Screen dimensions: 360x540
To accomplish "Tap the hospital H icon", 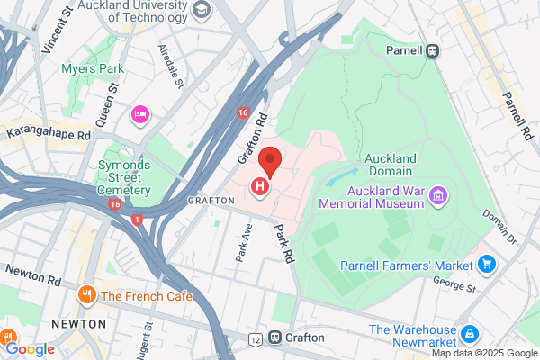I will [x=260, y=187].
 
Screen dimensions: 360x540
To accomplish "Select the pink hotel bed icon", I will [x=139, y=113].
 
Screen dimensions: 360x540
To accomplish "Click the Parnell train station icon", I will [x=433, y=50].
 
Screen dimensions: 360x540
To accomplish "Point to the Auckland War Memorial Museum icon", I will [x=438, y=194].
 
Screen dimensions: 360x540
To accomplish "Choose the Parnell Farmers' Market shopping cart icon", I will [x=487, y=264].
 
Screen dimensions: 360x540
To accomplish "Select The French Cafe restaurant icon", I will [x=87, y=294].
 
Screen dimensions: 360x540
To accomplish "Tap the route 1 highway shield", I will [x=136, y=219].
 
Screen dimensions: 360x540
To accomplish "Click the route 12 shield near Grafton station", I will [x=256, y=338].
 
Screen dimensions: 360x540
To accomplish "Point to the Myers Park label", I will [x=92, y=68].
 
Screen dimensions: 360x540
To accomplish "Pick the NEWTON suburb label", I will [x=79, y=322].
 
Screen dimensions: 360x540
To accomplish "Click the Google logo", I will [x=31, y=349].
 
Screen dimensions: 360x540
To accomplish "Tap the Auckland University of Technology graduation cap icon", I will [x=202, y=9].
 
